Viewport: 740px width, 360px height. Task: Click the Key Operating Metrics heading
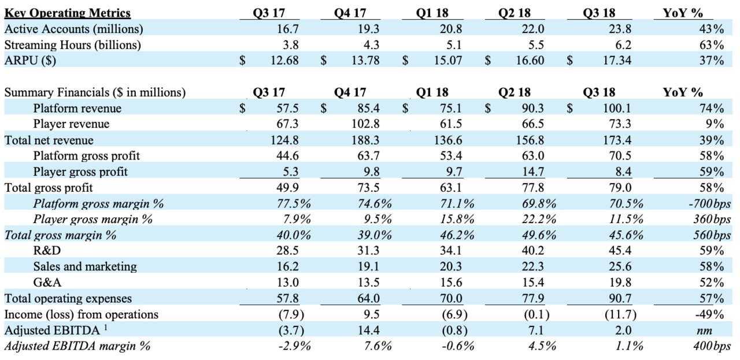pyautogui.click(x=68, y=13)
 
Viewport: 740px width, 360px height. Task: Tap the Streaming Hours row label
pyautogui.click(x=73, y=44)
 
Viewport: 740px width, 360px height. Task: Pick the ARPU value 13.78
pyautogui.click(x=367, y=60)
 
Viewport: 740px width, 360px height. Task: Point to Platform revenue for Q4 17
pyautogui.click(x=369, y=108)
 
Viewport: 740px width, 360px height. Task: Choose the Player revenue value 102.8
pyautogui.click(x=367, y=124)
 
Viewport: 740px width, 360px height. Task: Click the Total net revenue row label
pyautogui.click(x=49, y=140)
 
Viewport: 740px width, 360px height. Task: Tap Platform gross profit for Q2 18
pyautogui.click(x=532, y=155)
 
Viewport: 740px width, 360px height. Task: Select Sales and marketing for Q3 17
pyautogui.click(x=287, y=266)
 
